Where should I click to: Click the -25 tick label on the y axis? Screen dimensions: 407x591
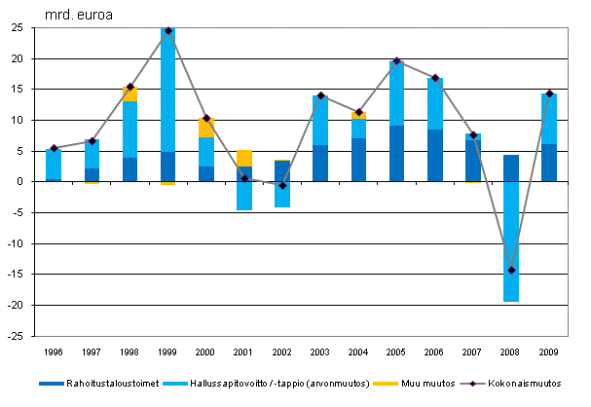16,336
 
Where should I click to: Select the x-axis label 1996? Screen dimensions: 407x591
54,351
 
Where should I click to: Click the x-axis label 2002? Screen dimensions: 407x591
282,351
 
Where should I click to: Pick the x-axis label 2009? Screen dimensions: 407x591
549,351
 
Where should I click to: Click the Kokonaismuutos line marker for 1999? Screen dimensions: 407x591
168,30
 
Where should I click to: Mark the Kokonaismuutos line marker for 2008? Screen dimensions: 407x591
511,270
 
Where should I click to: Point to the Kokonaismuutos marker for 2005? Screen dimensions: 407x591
397,60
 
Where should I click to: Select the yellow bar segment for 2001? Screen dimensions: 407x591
244,158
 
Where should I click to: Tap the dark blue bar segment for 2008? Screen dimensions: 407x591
511,168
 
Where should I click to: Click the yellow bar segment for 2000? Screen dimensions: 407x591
206,128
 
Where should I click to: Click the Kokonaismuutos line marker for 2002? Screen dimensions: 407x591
282,185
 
